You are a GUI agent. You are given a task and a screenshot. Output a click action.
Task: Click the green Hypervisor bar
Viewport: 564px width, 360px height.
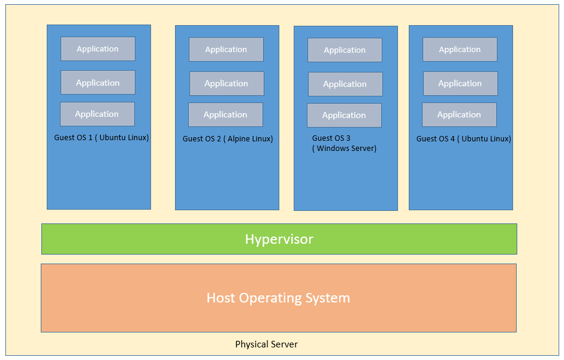pyautogui.click(x=279, y=239)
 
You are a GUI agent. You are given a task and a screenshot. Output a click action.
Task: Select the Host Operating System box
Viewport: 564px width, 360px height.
pyautogui.click(x=279, y=298)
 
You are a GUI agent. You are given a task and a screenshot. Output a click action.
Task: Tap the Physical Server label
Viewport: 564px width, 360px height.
pyautogui.click(x=267, y=344)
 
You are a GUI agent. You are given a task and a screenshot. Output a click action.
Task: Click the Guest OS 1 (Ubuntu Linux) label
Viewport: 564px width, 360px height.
pyautogui.click(x=101, y=138)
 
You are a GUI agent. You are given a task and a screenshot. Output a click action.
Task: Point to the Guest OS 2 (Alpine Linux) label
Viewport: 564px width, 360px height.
pyautogui.click(x=228, y=139)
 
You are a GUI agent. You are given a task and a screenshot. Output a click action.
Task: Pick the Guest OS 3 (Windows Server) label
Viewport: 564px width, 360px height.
pyautogui.click(x=344, y=143)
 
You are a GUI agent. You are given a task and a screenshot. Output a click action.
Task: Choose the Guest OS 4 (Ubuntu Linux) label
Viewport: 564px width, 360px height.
pyautogui.click(x=464, y=139)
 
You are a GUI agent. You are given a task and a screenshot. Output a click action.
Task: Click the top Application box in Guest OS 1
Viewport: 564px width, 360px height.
pyautogui.click(x=98, y=49)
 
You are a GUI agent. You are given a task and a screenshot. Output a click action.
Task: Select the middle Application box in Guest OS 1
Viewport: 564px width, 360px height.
pyautogui.click(x=98, y=82)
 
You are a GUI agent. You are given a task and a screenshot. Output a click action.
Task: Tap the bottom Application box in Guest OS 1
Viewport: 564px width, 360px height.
pyautogui.click(x=98, y=114)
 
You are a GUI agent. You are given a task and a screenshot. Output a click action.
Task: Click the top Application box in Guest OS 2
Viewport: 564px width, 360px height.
pyautogui.click(x=226, y=49)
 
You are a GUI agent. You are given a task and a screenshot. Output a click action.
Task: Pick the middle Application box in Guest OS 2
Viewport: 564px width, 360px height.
pyautogui.click(x=227, y=83)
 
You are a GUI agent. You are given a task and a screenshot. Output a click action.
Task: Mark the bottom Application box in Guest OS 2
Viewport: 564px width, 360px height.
pyautogui.click(x=225, y=115)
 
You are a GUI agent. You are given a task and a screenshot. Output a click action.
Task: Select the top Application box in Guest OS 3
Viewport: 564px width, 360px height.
pyautogui.click(x=345, y=50)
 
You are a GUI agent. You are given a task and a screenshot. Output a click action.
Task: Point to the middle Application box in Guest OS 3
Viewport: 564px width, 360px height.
pyautogui.click(x=345, y=84)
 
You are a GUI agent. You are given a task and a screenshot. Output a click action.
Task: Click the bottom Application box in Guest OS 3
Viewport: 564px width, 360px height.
pyautogui.click(x=344, y=115)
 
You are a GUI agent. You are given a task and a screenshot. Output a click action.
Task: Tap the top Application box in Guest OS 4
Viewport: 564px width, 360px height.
pyautogui.click(x=460, y=49)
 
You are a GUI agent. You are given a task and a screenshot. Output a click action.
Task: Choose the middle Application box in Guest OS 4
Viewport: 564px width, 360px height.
pyautogui.click(x=460, y=83)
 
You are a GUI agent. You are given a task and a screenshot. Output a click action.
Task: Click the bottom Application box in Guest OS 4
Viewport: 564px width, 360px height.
pyautogui.click(x=459, y=115)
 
